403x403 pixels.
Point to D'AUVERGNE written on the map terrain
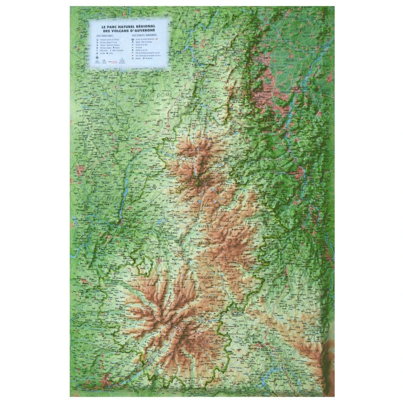pyautogui.click(x=207, y=297)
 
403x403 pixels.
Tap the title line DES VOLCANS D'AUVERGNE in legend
pyautogui.click(x=129, y=31)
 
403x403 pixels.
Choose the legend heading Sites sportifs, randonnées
pyautogui.click(x=144, y=35)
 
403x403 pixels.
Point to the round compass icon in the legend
pyautogui.click(x=97, y=58)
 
